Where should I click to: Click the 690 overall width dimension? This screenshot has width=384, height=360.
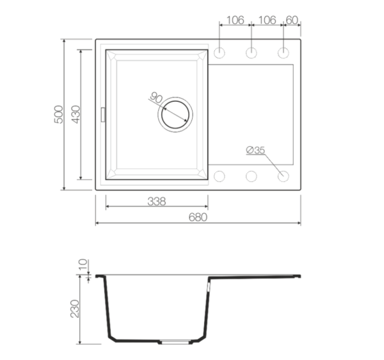(x=198, y=218)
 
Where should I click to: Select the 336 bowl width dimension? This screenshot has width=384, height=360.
(x=157, y=200)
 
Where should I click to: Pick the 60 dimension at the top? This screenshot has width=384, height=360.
(x=292, y=20)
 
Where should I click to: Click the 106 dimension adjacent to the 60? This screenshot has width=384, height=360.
(x=269, y=20)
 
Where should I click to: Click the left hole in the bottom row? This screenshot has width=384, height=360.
(x=220, y=176)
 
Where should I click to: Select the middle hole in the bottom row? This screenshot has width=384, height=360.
(x=252, y=176)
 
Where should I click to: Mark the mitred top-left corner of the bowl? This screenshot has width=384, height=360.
(x=111, y=56)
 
